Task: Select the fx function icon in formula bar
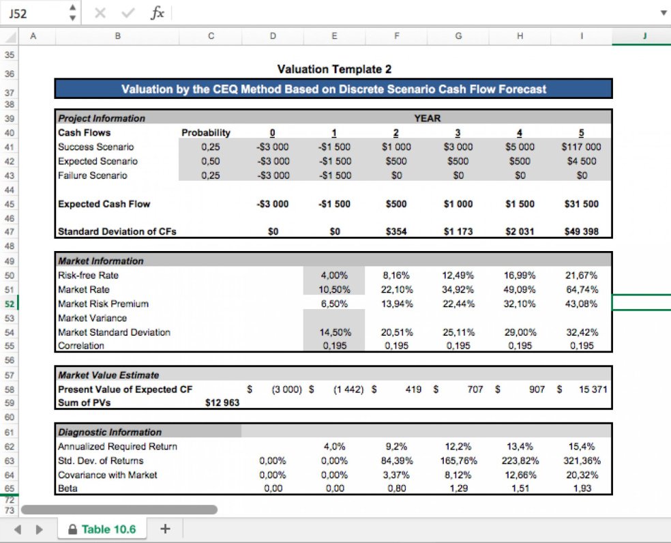click(x=158, y=14)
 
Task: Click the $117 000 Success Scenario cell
click(x=581, y=147)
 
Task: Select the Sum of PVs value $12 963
click(x=222, y=403)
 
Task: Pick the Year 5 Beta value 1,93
click(x=581, y=488)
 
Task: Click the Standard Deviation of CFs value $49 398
click(x=581, y=231)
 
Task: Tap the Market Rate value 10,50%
click(x=334, y=289)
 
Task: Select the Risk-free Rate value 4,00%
click(x=334, y=276)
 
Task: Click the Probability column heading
click(x=206, y=132)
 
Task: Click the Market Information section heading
click(x=101, y=261)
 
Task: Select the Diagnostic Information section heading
click(x=110, y=432)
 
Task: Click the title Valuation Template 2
click(x=334, y=69)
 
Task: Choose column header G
click(x=458, y=37)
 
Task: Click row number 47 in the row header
click(x=10, y=231)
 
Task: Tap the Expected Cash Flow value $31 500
click(x=581, y=204)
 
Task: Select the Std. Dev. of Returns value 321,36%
click(x=581, y=460)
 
